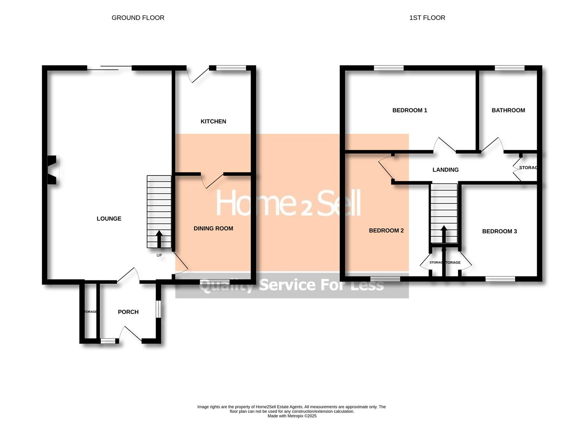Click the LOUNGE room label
pyautogui.click(x=109, y=218)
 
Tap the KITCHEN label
pyautogui.click(x=213, y=121)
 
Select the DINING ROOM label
pyautogui.click(x=213, y=228)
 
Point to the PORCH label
pyautogui.click(x=128, y=312)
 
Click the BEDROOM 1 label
pyautogui.click(x=409, y=110)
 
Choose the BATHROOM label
pyautogui.click(x=508, y=110)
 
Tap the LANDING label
pyautogui.click(x=446, y=170)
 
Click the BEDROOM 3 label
pyautogui.click(x=500, y=231)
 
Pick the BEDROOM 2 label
pyautogui.click(x=386, y=230)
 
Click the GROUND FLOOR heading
pyautogui.click(x=138, y=18)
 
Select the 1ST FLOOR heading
pyautogui.click(x=427, y=18)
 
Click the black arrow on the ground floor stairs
pyautogui.click(x=159, y=239)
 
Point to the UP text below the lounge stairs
pyautogui.click(x=159, y=255)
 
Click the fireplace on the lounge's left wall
pyautogui.click(x=53, y=170)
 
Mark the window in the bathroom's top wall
pyautogui.click(x=510, y=68)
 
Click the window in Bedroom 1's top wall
pyautogui.click(x=389, y=68)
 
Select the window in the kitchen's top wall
pyautogui.click(x=231, y=68)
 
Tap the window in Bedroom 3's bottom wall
pyautogui.click(x=500, y=278)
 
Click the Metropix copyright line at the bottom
pyautogui.click(x=292, y=416)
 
